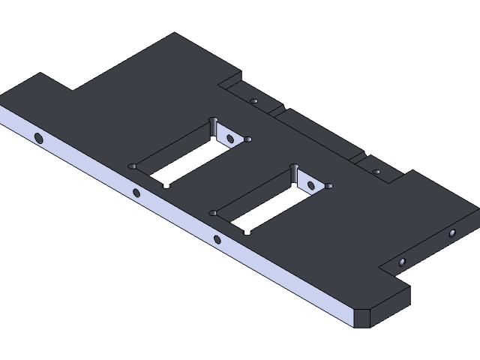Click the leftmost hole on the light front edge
pyautogui.click(x=38, y=137)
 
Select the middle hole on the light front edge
pyautogui.click(x=136, y=193)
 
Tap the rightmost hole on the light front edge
pyautogui.click(x=217, y=239)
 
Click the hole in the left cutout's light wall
pyautogui.click(x=230, y=138)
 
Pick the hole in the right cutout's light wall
pyautogui.click(x=310, y=185)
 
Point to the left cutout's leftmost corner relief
pyautogui.click(x=133, y=166)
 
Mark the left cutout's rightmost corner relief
pyautogui.click(x=248, y=139)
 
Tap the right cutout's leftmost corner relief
pyautogui.click(x=214, y=213)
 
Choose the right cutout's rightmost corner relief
pyautogui.click(x=328, y=186)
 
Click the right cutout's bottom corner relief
pyautogui.click(x=247, y=232)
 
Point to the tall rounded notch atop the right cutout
pyautogui.click(x=294, y=173)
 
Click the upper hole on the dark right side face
pyautogui.click(x=452, y=233)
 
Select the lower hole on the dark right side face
pyautogui.click(x=402, y=262)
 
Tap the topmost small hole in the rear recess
pyautogui.click(x=254, y=100)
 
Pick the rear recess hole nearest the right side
pyautogui.click(x=376, y=172)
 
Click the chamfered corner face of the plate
pyautogui.click(x=362, y=316)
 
